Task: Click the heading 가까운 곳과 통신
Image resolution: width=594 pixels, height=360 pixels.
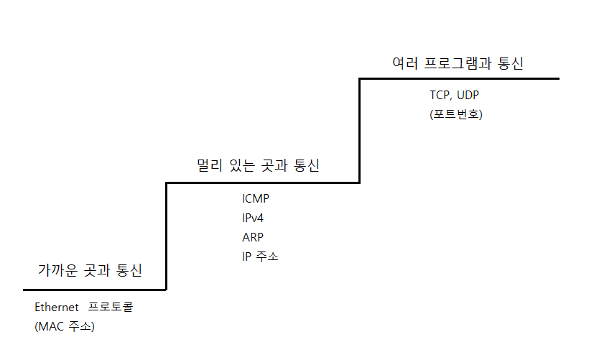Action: (90, 271)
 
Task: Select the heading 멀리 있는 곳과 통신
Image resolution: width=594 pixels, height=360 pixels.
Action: (259, 166)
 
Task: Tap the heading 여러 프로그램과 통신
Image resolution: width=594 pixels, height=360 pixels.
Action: (458, 63)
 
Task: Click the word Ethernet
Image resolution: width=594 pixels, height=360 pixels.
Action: (57, 307)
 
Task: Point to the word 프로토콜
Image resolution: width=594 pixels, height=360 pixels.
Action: (111, 307)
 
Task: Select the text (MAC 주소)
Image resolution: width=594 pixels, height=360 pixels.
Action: (65, 326)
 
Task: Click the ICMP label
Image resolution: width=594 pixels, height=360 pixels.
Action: (256, 199)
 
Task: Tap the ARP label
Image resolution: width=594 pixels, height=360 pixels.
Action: (254, 237)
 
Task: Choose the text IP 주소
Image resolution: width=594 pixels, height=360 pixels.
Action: (260, 257)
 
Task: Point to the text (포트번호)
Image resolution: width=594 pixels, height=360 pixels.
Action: (455, 114)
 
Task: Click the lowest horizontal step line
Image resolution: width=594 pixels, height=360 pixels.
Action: (93, 290)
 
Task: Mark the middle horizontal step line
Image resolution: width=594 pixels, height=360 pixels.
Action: (262, 183)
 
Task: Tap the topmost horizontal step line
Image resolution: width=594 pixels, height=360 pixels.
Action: (460, 78)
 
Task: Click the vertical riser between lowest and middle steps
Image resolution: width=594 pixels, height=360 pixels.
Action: (167, 237)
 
